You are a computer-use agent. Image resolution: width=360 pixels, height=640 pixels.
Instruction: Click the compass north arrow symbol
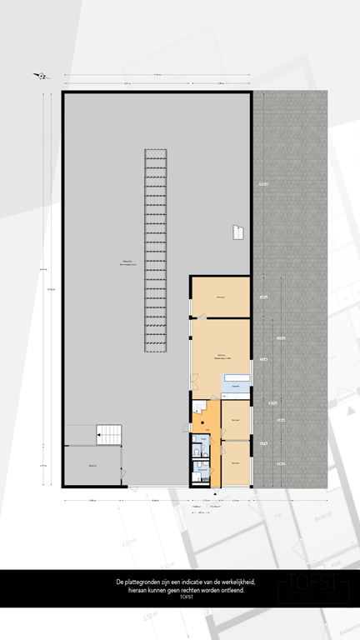tap(40, 77)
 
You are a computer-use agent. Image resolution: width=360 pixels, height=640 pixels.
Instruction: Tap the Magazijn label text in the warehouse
tap(127, 262)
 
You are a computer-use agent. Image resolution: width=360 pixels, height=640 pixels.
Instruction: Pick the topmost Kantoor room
tap(221, 297)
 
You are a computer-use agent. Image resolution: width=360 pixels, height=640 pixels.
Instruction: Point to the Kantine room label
tap(221, 355)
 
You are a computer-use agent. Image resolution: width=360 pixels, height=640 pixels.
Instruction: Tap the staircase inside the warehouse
tap(109, 432)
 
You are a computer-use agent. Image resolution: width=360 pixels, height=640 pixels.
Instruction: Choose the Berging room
tap(92, 467)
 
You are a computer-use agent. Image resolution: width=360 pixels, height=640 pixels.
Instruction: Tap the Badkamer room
tap(201, 470)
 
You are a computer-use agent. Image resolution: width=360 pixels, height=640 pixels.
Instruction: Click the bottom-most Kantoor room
tap(235, 463)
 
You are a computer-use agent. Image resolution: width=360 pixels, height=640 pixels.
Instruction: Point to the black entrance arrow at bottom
tap(214, 495)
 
